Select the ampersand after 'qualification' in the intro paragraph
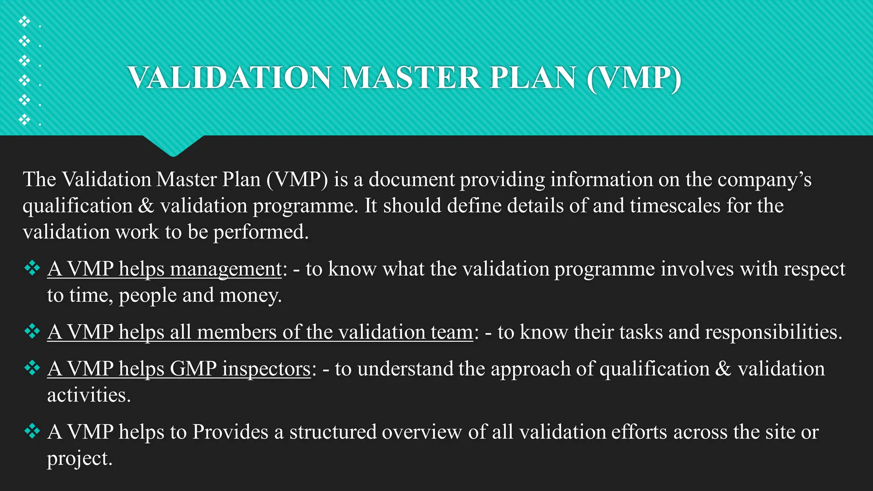[x=146, y=206]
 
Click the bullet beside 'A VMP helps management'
[x=32, y=269]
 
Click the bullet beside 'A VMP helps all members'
[x=32, y=331]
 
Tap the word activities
[x=88, y=395]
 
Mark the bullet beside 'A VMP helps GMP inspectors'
[x=32, y=368]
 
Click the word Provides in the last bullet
[x=230, y=432]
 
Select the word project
[x=79, y=459]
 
